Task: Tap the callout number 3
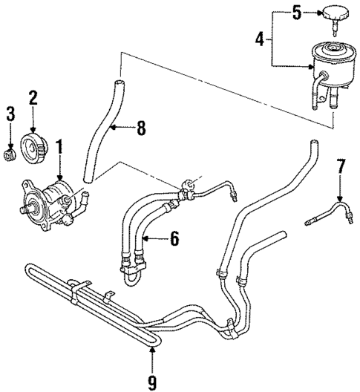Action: point(10,113)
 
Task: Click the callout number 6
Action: point(174,238)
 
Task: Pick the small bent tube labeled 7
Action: point(327,216)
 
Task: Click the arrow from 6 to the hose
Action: point(154,238)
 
